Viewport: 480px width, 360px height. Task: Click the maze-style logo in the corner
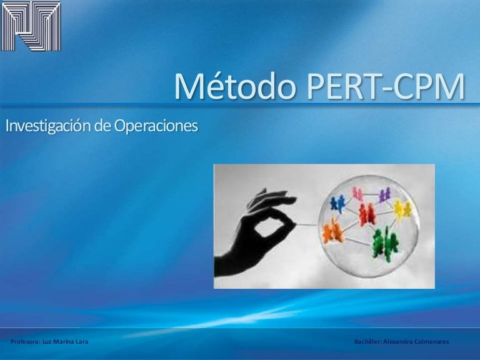coord(31,26)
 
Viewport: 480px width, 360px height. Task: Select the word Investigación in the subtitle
coord(49,126)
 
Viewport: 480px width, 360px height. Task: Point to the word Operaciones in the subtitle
coord(156,126)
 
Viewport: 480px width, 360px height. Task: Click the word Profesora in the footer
coord(25,342)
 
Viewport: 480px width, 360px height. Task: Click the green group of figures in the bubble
coord(385,244)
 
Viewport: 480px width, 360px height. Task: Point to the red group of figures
coord(367,214)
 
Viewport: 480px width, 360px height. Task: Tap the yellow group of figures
coord(402,209)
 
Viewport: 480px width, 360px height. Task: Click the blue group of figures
coord(337,204)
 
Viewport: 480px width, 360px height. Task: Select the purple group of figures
coord(385,195)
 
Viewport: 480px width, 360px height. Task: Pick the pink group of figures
coord(357,194)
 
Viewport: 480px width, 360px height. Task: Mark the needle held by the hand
coord(307,225)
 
